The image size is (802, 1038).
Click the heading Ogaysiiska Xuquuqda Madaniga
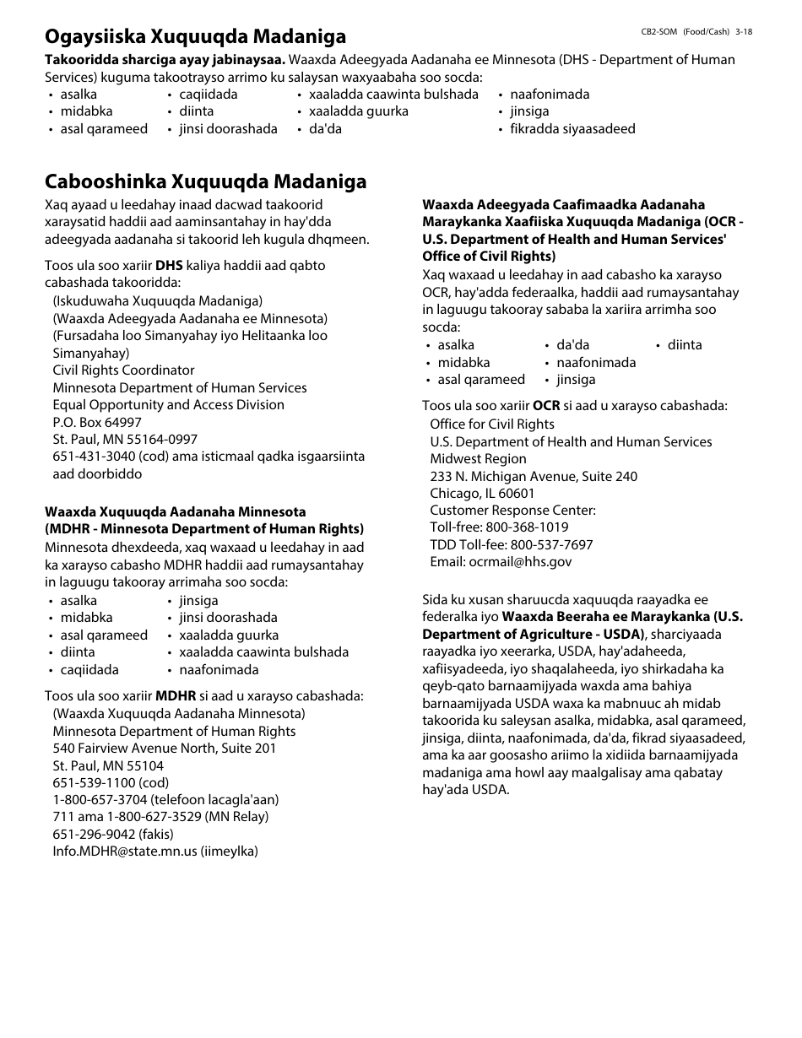pos(195,36)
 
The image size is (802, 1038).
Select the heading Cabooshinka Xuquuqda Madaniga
pos(205,181)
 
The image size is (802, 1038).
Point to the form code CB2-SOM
pos(658,31)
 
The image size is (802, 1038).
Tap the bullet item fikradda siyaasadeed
pos(572,129)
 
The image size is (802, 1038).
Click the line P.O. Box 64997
pos(97,422)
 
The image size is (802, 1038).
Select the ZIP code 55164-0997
pos(159,440)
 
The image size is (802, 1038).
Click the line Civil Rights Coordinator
pos(123,370)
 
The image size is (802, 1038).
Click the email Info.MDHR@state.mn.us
pos(124,851)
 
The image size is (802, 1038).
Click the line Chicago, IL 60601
pos(482,494)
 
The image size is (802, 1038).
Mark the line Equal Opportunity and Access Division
pos(168,405)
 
